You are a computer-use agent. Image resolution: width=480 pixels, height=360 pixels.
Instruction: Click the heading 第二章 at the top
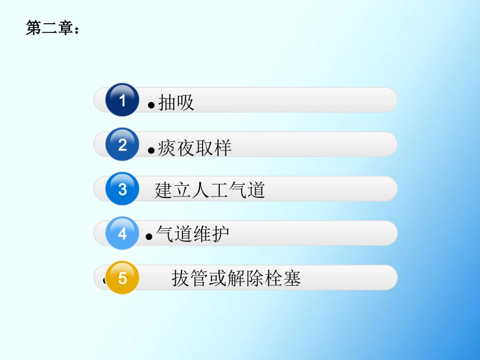[52, 29]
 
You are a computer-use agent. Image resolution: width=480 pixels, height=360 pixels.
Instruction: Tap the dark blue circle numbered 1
[122, 100]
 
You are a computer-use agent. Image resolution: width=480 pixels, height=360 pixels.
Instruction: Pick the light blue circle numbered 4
[122, 233]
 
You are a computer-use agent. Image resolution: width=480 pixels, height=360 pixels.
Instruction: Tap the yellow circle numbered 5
[122, 278]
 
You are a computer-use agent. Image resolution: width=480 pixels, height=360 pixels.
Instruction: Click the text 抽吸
[176, 102]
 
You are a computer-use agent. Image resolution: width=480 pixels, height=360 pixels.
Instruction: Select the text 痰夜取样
[195, 147]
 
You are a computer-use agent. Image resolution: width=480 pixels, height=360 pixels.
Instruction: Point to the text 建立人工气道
[210, 190]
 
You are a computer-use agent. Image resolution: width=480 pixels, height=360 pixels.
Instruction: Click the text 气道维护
[193, 234]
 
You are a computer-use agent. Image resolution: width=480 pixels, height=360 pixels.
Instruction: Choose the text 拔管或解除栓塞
[236, 278]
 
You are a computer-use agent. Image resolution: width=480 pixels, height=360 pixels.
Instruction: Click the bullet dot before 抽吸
[151, 106]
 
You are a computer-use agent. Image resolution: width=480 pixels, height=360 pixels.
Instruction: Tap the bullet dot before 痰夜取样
[151, 150]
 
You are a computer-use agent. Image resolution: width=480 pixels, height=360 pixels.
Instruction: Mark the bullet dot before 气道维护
[149, 237]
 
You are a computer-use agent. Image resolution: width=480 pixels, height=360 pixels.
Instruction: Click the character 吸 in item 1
[185, 102]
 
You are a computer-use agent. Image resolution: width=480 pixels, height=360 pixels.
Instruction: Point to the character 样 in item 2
[222, 147]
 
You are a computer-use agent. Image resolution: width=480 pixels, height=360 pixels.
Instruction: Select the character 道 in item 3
[256, 190]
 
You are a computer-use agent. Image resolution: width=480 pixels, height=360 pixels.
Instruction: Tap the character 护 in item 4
[220, 234]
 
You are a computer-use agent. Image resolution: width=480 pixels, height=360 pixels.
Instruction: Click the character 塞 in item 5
[292, 278]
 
